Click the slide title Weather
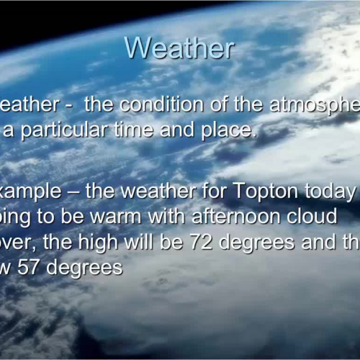tap(179, 48)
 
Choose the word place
tap(227, 131)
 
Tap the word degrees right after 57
tap(89, 269)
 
